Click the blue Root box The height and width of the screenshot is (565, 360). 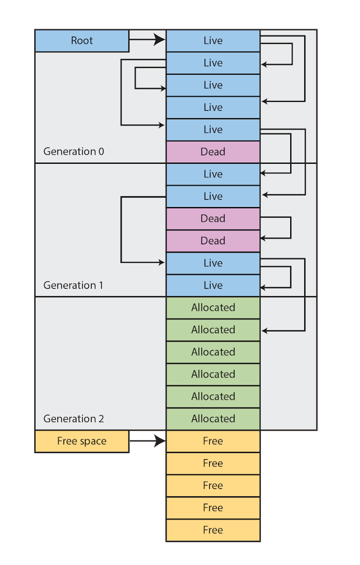click(x=82, y=41)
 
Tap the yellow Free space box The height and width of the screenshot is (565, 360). click(x=82, y=441)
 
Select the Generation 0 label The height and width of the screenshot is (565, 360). click(x=73, y=151)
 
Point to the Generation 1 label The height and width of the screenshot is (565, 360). click(x=73, y=285)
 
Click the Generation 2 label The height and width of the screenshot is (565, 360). click(x=73, y=419)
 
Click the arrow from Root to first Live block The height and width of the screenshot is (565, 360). click(x=147, y=40)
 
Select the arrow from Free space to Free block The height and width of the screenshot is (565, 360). click(x=147, y=441)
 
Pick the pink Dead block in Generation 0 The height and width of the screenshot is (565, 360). click(x=213, y=152)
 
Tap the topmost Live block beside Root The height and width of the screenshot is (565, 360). click(x=213, y=41)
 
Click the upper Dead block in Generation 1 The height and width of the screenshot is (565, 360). click(x=213, y=218)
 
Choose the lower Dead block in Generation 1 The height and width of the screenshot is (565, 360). click(x=213, y=241)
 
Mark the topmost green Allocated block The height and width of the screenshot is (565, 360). click(x=213, y=308)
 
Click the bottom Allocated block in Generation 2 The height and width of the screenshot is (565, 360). click(x=213, y=419)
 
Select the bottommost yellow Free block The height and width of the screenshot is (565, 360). click(x=213, y=530)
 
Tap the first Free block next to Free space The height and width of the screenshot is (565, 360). click(x=213, y=441)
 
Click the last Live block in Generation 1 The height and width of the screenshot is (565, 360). click(x=213, y=285)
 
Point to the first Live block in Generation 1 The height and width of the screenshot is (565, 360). click(x=213, y=174)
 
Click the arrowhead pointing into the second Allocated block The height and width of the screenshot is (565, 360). click(x=265, y=330)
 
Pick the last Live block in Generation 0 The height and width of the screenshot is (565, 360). click(x=213, y=129)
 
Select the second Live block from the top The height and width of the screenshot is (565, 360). click(x=213, y=63)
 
